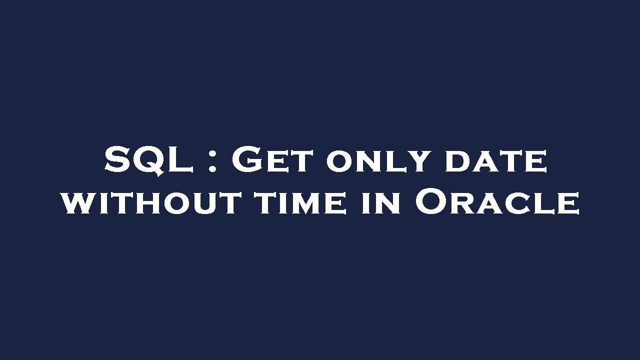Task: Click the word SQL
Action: pyautogui.click(x=149, y=160)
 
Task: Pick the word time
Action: pyautogui.click(x=300, y=203)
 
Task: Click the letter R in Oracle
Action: pyautogui.click(x=466, y=204)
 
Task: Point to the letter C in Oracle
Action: pyautogui.click(x=520, y=204)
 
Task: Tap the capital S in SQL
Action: pyautogui.click(x=118, y=160)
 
